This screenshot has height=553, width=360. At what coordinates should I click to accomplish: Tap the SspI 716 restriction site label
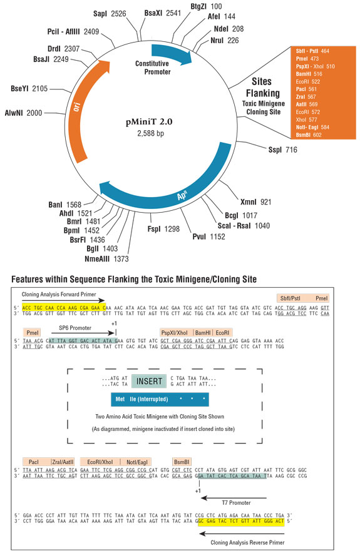[x=282, y=150]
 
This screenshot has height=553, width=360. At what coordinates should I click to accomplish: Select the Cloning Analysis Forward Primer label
[x=63, y=293]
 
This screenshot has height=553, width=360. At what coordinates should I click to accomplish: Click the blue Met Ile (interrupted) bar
[x=158, y=398]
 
